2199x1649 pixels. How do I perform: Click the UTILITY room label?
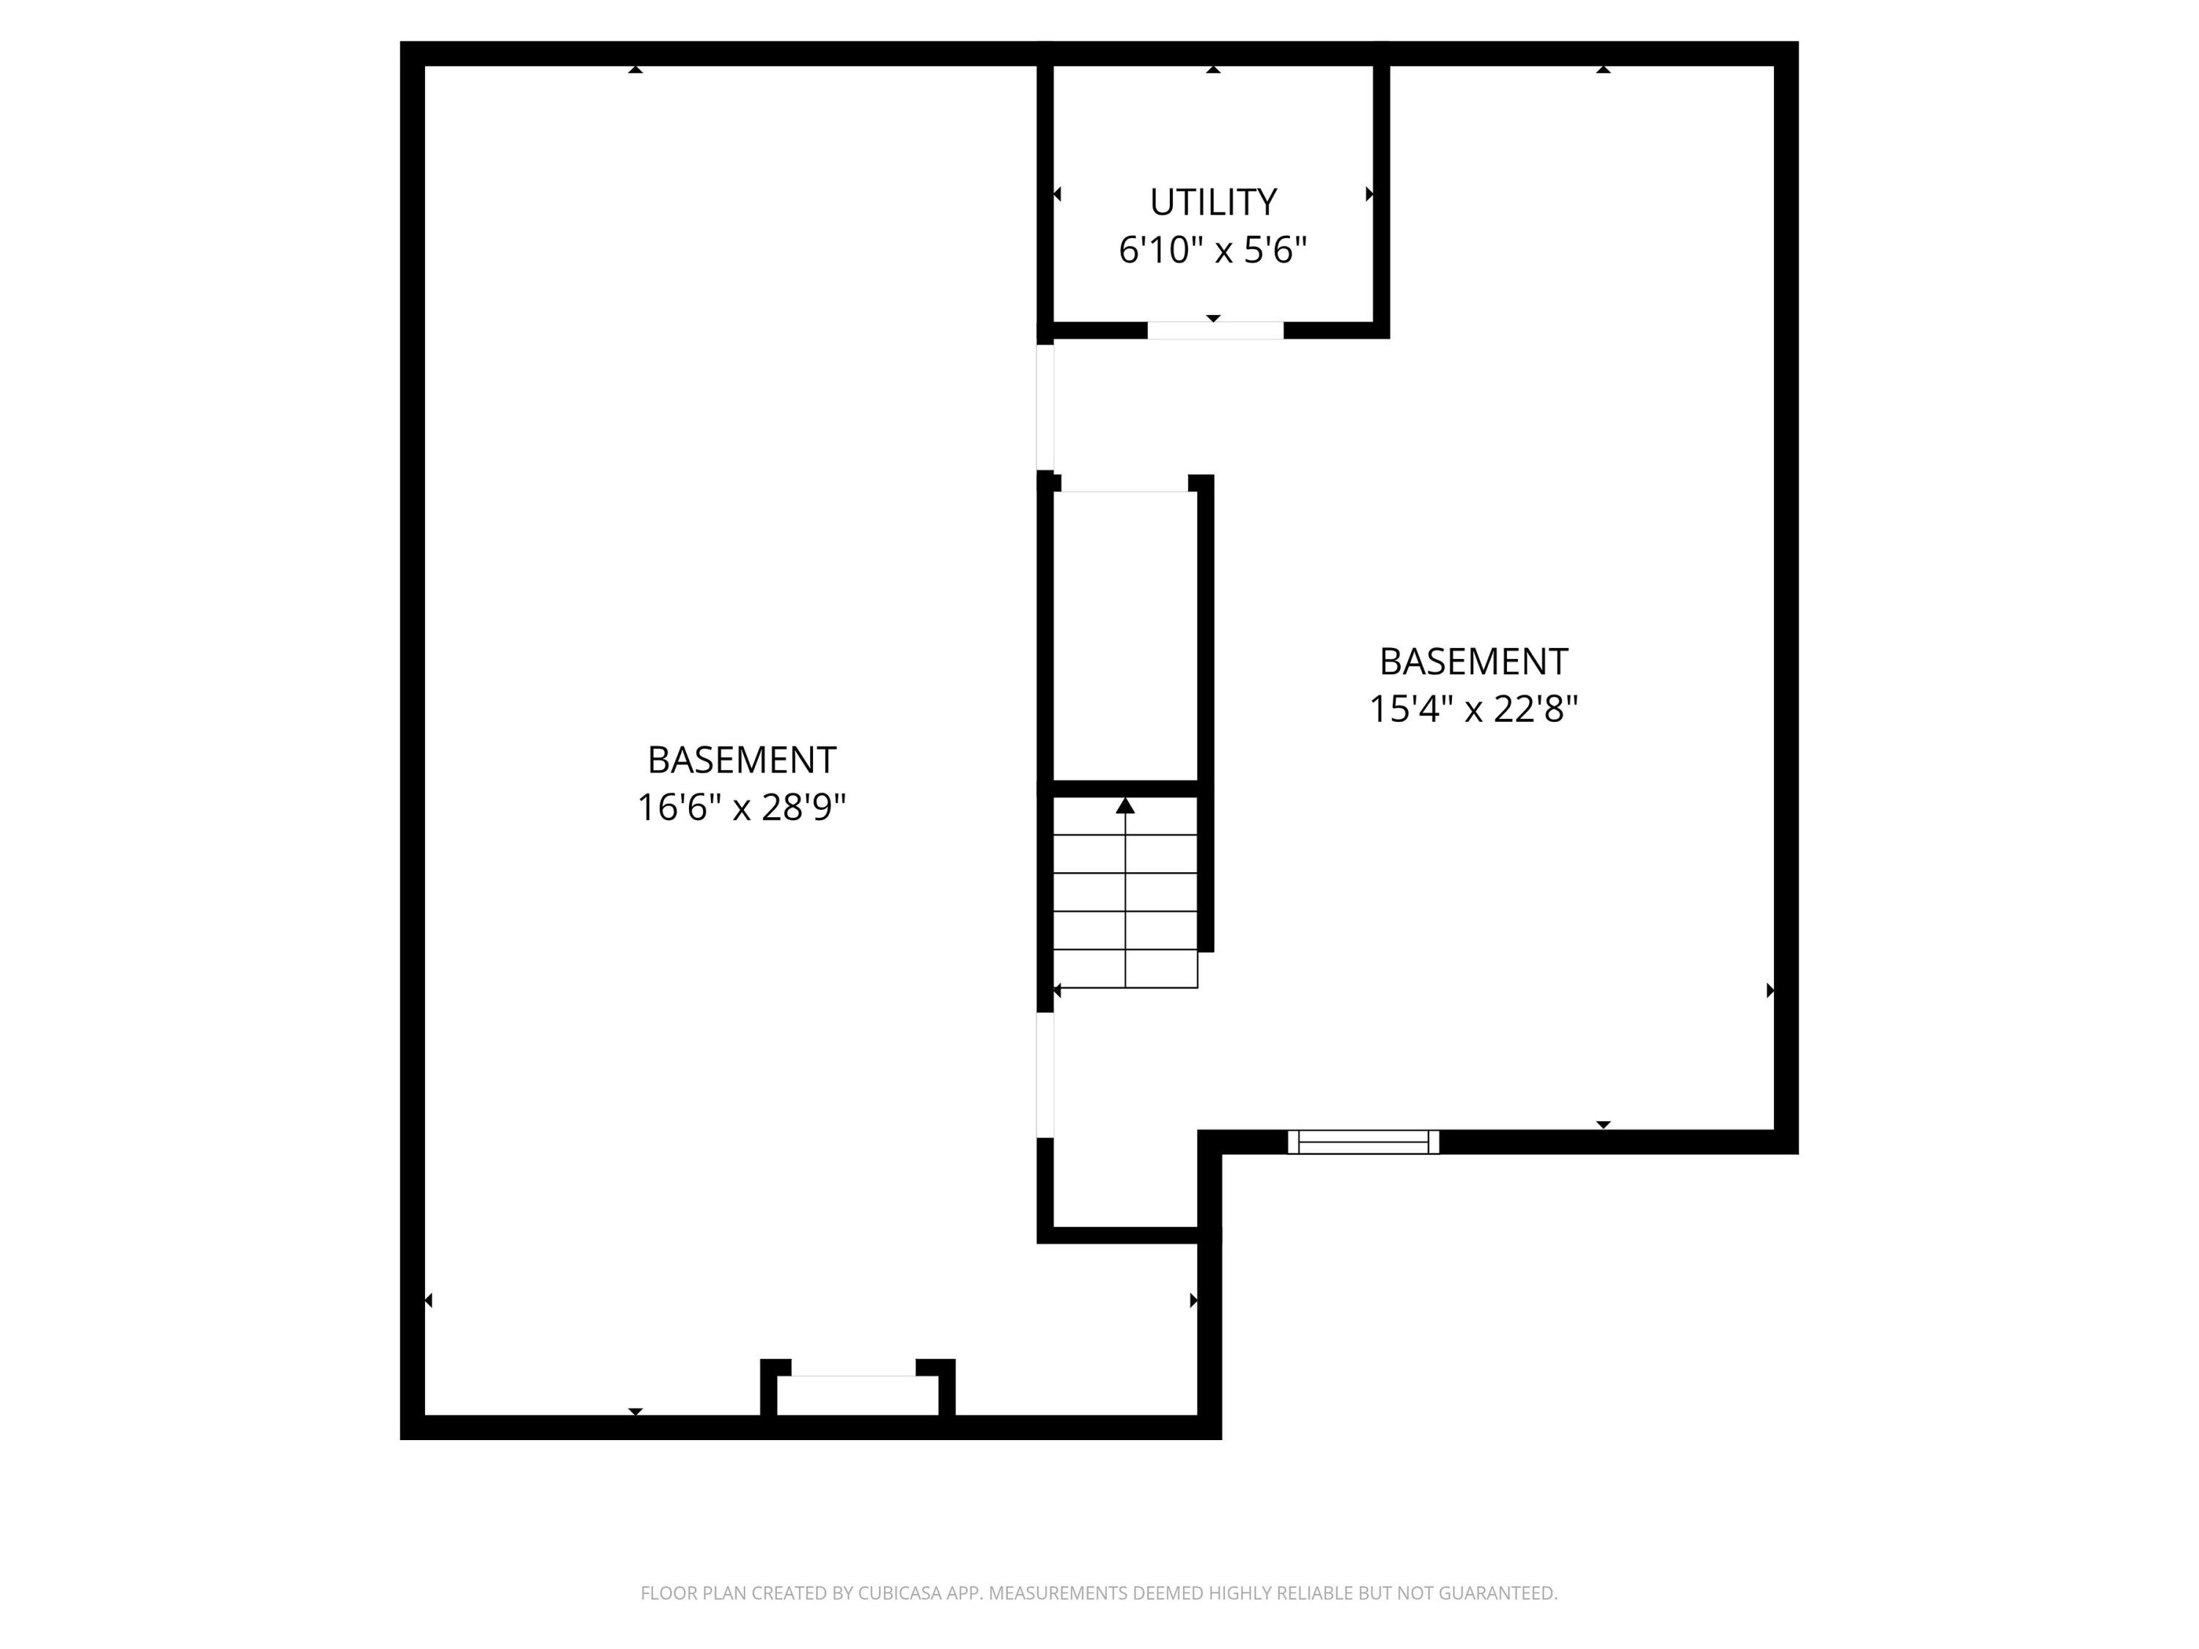click(1213, 203)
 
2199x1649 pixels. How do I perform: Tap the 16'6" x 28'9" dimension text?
click(742, 807)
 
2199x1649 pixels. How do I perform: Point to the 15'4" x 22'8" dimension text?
click(1473, 709)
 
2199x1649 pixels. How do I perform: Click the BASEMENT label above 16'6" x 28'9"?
click(742, 761)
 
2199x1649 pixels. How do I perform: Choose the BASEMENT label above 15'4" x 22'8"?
click(1473, 662)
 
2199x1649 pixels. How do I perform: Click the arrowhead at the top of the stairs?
click(1125, 806)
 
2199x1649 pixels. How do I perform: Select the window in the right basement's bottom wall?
click(1363, 1142)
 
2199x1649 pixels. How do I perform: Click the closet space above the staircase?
click(1125, 636)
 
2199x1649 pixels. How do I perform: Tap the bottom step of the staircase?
click(1125, 969)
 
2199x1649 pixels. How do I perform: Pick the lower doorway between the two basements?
click(1045, 1074)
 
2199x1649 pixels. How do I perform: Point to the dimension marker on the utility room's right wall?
click(1370, 193)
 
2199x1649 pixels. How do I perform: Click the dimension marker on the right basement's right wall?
click(1770, 990)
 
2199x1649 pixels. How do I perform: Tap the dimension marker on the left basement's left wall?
click(429, 1300)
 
